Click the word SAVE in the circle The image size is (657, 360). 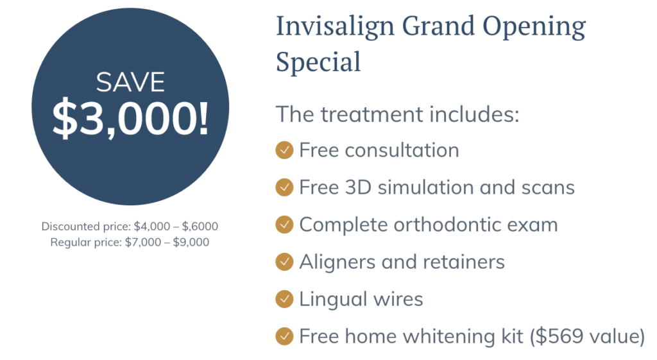[x=130, y=82]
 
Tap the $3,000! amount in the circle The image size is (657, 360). [x=130, y=118]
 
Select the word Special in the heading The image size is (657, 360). [x=318, y=62]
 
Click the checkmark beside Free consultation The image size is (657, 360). [x=284, y=150]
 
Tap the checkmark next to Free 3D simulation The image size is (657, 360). [x=284, y=187]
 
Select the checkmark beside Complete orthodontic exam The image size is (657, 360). [x=284, y=225]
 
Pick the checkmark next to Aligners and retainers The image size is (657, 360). [x=284, y=262]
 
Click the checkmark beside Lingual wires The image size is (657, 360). [x=284, y=299]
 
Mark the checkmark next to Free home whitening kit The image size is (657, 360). [x=284, y=336]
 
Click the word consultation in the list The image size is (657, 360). [x=402, y=150]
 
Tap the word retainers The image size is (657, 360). [x=464, y=262]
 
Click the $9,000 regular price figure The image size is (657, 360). [x=191, y=242]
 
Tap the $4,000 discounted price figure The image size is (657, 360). [x=151, y=227]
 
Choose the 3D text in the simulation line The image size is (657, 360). [x=358, y=187]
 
